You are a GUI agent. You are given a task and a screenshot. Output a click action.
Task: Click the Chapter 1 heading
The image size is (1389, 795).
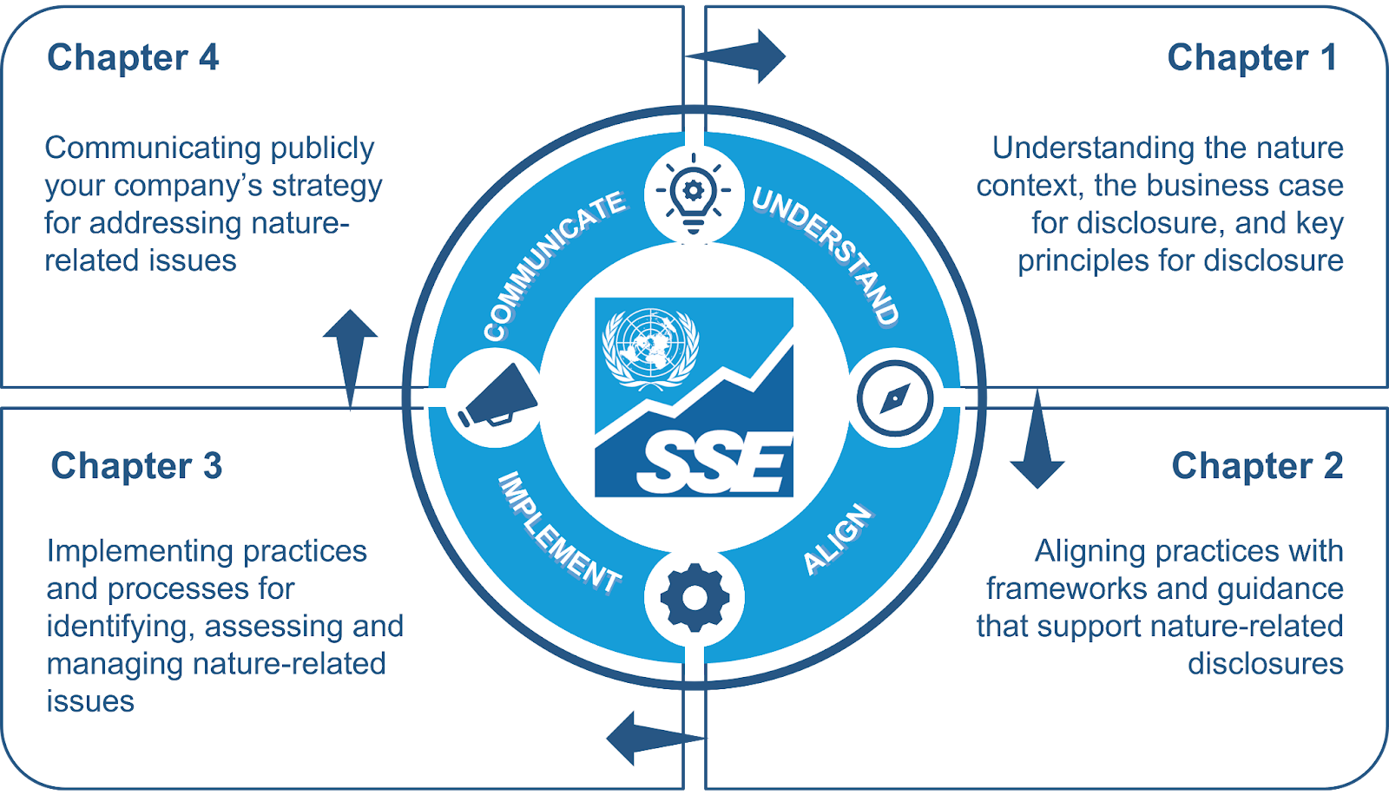[1251, 58]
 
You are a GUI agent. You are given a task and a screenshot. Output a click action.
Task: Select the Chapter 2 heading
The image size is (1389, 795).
[1256, 466]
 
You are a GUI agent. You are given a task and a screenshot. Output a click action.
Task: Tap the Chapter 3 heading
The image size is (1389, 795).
[136, 466]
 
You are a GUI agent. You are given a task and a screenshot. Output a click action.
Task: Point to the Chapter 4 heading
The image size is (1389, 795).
[133, 58]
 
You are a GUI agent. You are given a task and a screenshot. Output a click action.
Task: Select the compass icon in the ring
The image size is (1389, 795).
[895, 398]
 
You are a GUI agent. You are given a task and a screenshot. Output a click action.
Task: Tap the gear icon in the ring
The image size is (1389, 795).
[694, 597]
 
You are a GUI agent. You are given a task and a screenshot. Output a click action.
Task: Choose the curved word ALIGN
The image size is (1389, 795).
[837, 539]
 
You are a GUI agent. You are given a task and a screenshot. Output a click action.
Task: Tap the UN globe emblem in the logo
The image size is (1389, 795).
[650, 346]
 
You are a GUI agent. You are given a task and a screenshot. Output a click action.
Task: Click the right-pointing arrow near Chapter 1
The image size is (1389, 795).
[747, 56]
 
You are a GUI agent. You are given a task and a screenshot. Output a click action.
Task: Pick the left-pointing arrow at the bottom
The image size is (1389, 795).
[647, 739]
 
